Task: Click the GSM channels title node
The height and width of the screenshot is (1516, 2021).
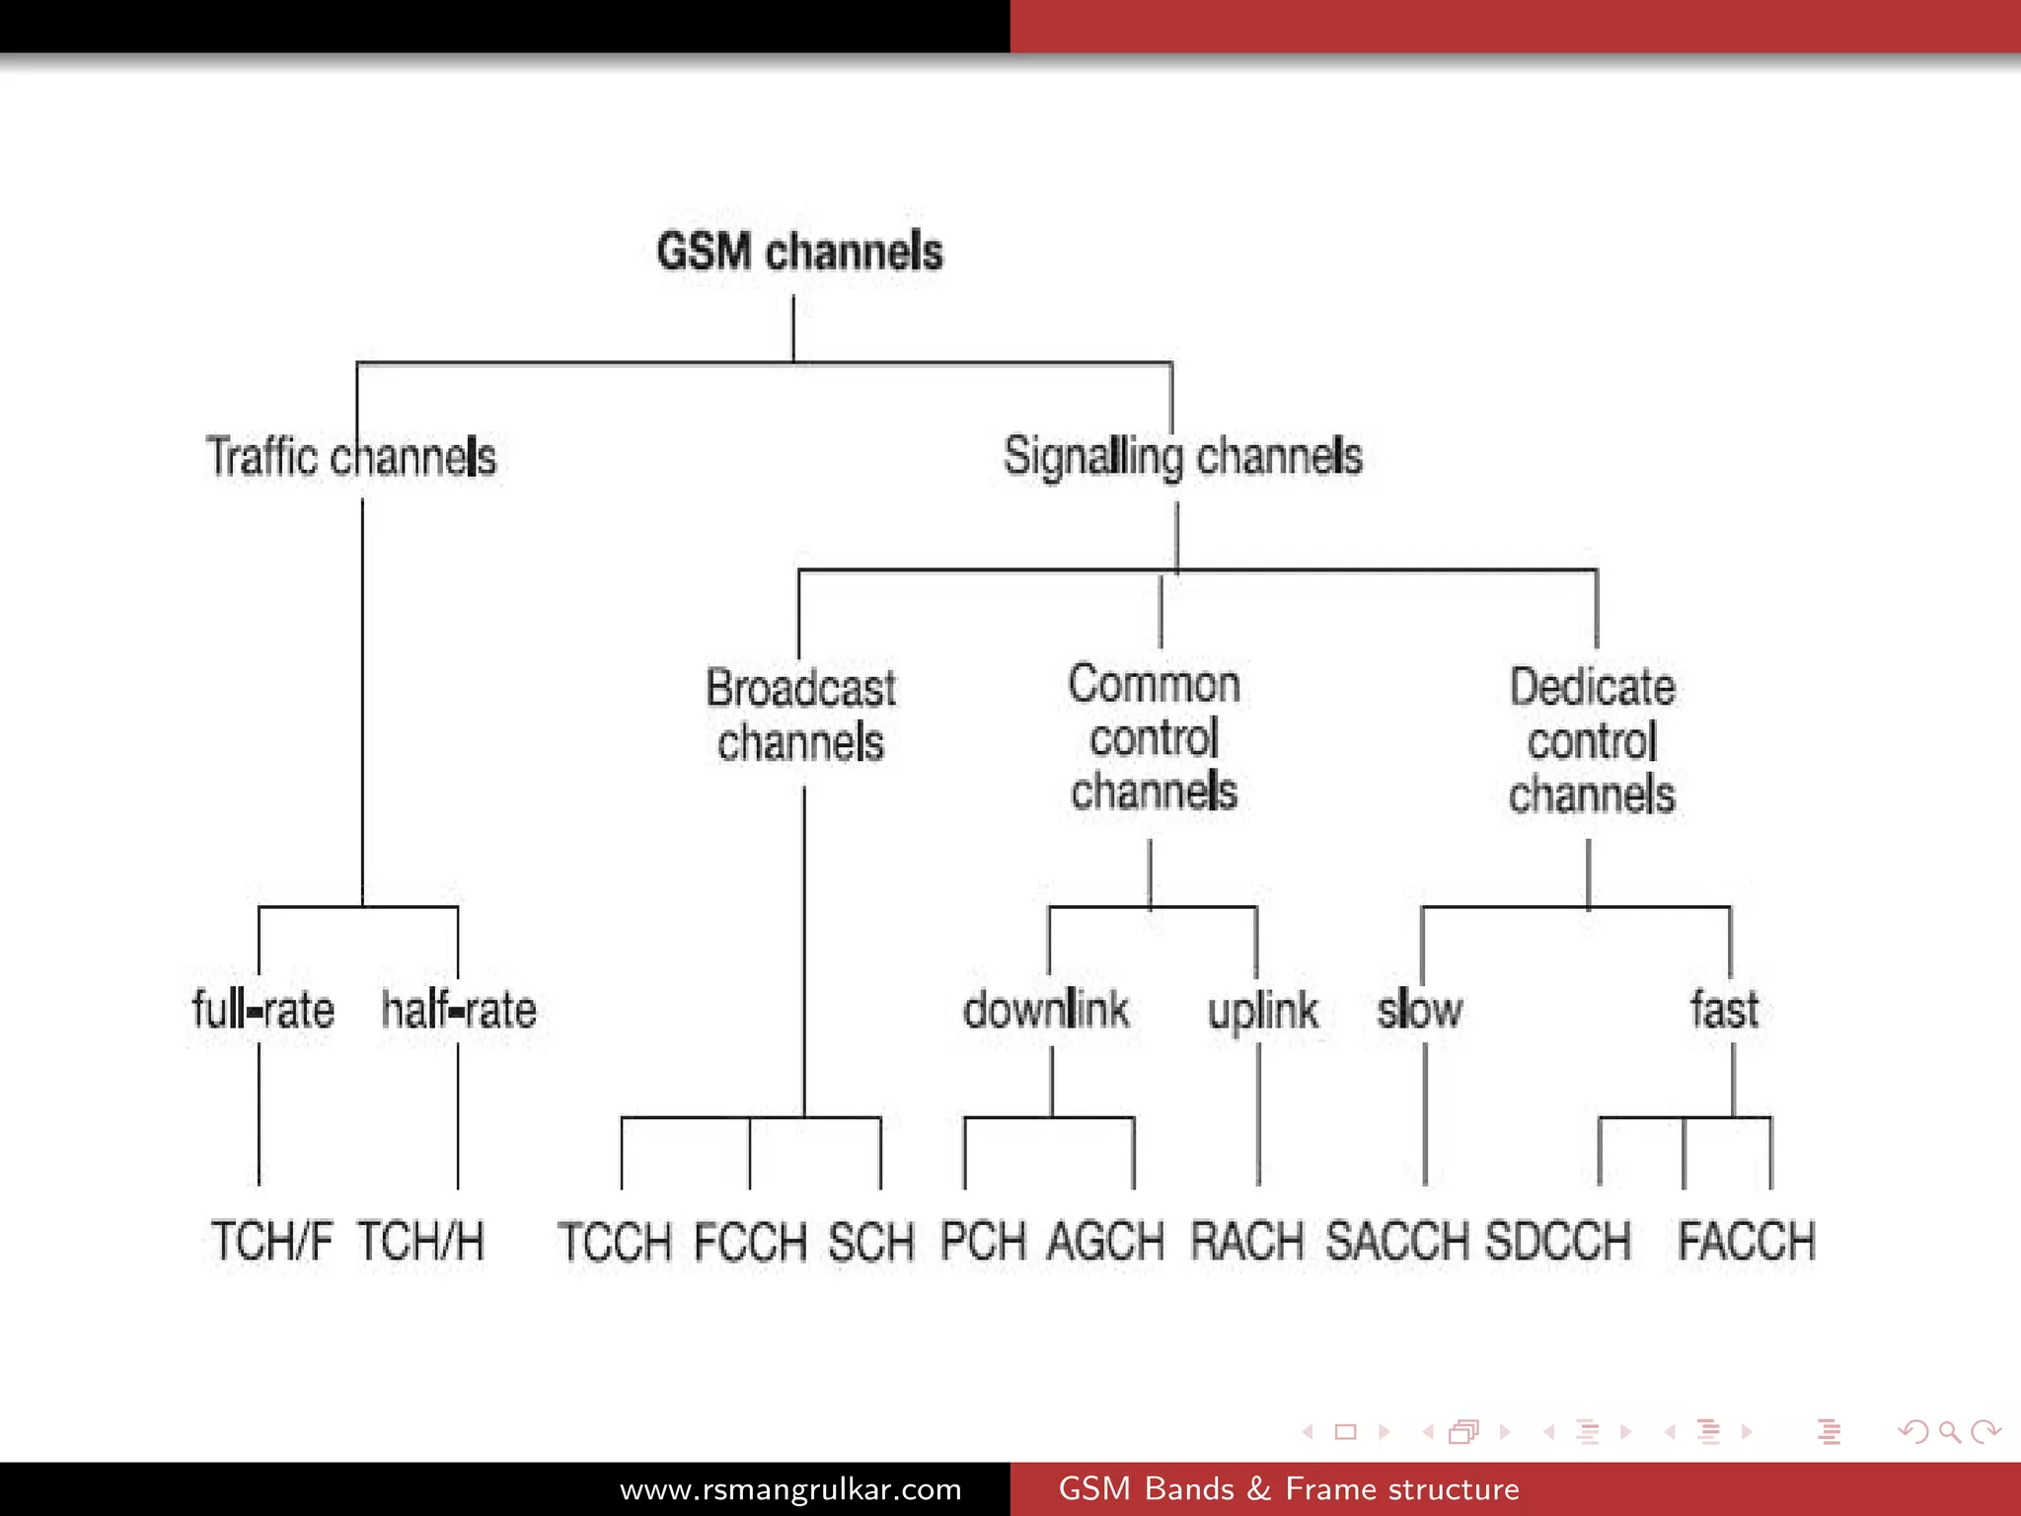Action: [799, 251]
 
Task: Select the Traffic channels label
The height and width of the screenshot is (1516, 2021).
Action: [350, 457]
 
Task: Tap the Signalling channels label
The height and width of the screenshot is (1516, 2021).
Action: [1182, 457]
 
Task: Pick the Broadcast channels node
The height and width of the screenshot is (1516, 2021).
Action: [800, 716]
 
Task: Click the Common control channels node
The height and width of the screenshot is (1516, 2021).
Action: [1154, 737]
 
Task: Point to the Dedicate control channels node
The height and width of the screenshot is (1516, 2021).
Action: [1591, 740]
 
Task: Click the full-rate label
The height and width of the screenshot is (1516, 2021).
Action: [262, 1010]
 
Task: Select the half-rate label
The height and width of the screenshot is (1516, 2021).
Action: [459, 1010]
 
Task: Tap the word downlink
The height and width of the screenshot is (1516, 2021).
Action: [1046, 1010]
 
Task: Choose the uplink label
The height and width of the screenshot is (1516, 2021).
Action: [1262, 1011]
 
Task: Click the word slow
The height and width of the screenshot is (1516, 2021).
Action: [1419, 1010]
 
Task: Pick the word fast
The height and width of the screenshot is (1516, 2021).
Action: [1724, 1010]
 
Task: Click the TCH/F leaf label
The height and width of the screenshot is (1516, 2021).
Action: [271, 1241]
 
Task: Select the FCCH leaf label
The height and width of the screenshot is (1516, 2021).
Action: [750, 1242]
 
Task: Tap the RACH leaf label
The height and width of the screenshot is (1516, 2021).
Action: [1246, 1241]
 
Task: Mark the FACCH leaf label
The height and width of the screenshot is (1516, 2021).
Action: [1746, 1241]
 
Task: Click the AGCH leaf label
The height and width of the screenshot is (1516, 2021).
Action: [1105, 1241]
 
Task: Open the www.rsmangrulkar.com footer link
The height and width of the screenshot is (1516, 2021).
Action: [790, 1488]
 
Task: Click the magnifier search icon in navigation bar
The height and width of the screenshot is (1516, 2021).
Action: [1949, 1431]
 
